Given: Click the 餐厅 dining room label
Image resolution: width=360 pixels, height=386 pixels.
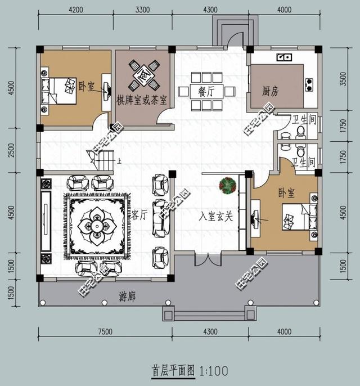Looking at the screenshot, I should (206, 91).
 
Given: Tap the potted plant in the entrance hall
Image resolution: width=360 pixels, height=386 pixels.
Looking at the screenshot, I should (227, 185).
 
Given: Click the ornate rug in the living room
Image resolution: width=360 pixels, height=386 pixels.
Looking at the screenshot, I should (97, 225).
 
